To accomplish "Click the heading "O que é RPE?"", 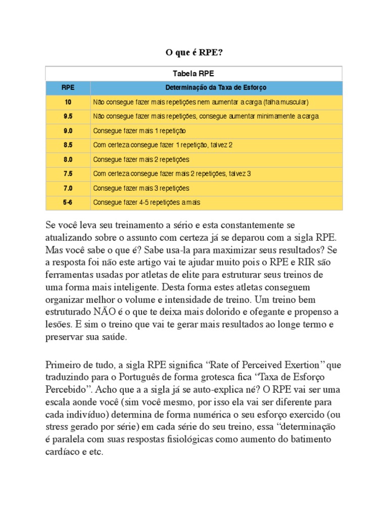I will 194,52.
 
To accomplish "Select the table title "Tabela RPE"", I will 194,73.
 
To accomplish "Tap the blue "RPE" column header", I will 68,87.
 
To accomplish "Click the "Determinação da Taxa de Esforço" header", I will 216,87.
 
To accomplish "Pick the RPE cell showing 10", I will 68,102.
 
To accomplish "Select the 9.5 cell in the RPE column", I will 68,116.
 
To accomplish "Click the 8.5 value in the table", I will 68,145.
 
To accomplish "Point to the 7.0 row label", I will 68,188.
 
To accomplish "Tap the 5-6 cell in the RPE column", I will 68,202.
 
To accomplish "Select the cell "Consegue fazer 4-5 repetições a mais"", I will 147,202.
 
